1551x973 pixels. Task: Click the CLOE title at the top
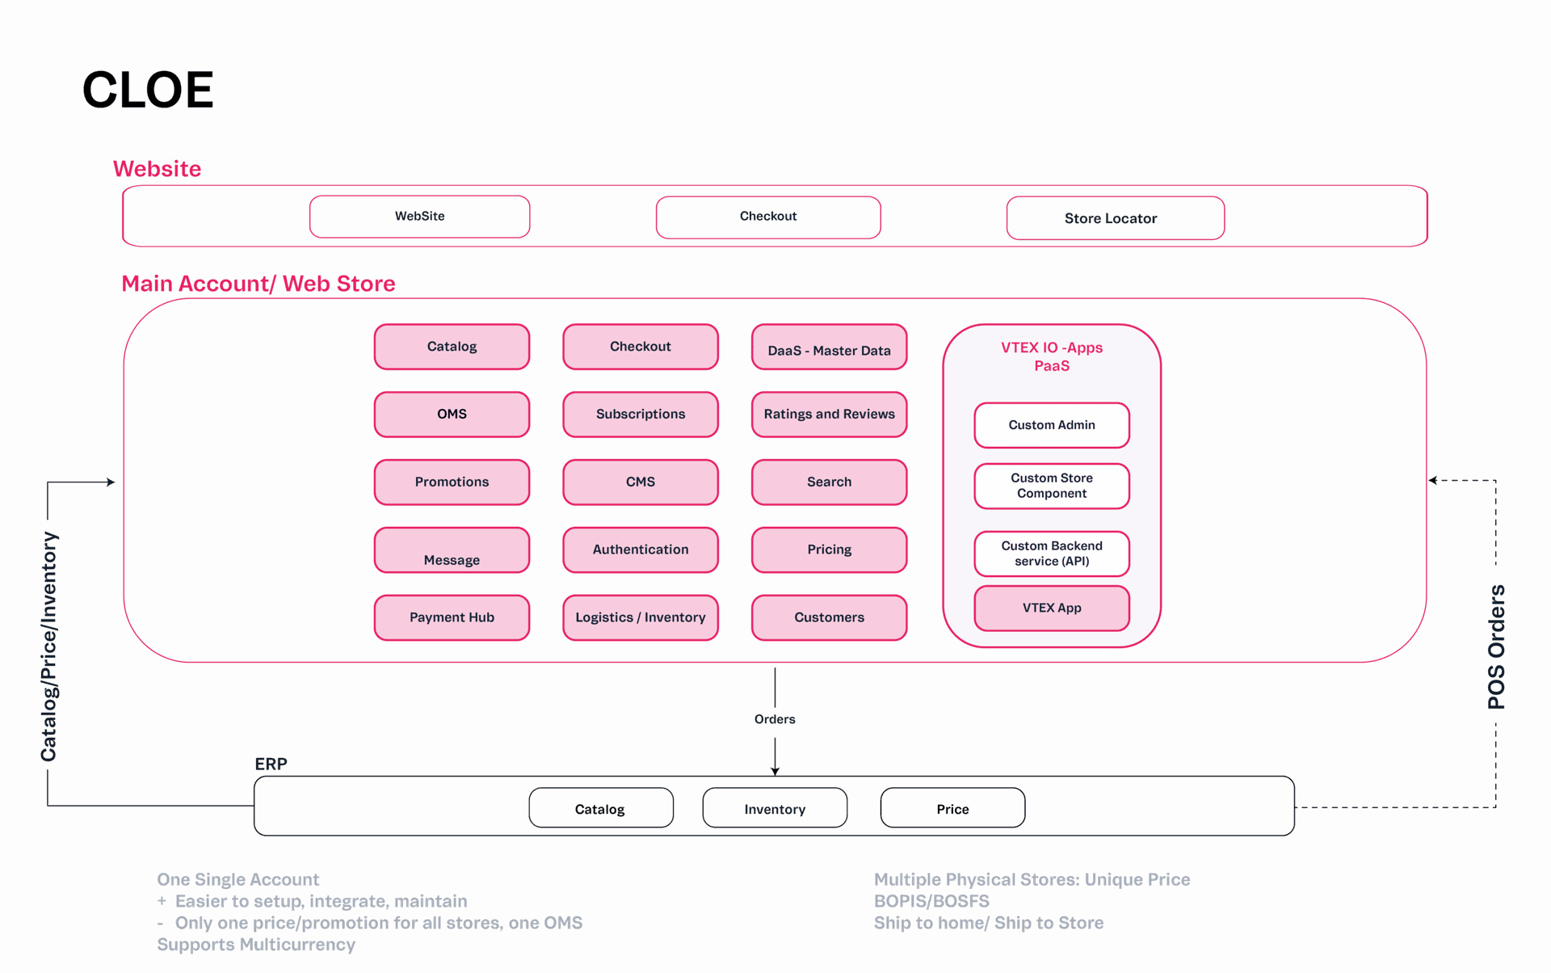pos(148,90)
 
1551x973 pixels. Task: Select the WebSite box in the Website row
pos(419,217)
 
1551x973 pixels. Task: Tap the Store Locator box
pos(1115,218)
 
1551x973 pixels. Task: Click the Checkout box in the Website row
pos(767,217)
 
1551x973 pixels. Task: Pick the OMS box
pos(452,414)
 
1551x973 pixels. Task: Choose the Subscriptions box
pos(641,414)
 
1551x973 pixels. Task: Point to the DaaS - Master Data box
pos(829,348)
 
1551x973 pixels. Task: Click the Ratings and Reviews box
pos(829,414)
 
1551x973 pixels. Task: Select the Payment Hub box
pos(452,617)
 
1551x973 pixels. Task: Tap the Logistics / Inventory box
pos(641,617)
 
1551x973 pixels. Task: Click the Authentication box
pos(641,550)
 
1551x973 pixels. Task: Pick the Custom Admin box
pos(1051,425)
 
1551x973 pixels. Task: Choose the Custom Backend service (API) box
pos(1051,554)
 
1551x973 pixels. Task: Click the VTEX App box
pos(1051,608)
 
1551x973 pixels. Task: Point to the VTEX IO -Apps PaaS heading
pos(1051,356)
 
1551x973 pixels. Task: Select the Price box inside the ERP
pos(952,808)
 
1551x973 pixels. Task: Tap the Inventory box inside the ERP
pos(775,808)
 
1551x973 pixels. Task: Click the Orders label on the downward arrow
pos(775,719)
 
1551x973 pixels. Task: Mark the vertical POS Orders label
pos(1496,647)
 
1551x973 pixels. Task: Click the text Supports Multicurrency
pos(256,945)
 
